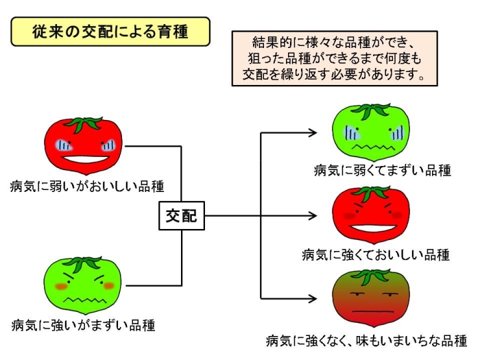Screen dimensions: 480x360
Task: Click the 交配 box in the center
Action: click(182, 215)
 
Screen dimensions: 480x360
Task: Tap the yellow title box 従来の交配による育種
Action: click(110, 32)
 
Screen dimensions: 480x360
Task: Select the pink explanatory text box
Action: click(335, 58)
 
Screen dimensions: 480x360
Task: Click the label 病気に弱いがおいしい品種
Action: click(87, 186)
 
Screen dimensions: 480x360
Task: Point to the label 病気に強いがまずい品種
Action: click(83, 325)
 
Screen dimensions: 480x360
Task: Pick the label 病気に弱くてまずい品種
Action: click(383, 170)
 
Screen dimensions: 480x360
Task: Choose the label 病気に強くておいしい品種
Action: click(376, 254)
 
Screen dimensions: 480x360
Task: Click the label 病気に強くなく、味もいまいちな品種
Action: click(366, 340)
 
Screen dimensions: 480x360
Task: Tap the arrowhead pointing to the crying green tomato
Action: click(313, 133)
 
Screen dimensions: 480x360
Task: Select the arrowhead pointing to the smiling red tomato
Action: click(313, 216)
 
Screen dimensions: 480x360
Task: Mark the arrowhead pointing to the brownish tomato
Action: click(313, 298)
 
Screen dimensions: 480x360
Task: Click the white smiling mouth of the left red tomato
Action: click(85, 160)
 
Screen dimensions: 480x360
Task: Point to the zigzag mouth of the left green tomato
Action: click(85, 300)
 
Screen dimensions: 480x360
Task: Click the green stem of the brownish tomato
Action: click(371, 277)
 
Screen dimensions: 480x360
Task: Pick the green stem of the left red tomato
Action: click(83, 124)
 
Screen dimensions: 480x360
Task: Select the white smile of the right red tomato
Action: click(374, 228)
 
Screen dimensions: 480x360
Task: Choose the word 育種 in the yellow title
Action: click(173, 32)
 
